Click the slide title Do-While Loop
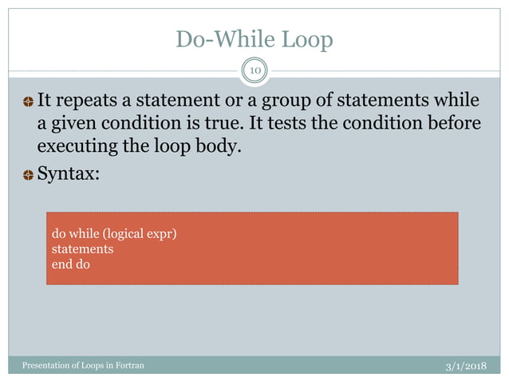click(x=254, y=40)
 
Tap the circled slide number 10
click(x=254, y=71)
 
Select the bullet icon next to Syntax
click(x=28, y=175)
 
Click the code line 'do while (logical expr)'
click(x=113, y=234)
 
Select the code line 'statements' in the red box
click(x=82, y=249)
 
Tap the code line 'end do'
click(x=71, y=263)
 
